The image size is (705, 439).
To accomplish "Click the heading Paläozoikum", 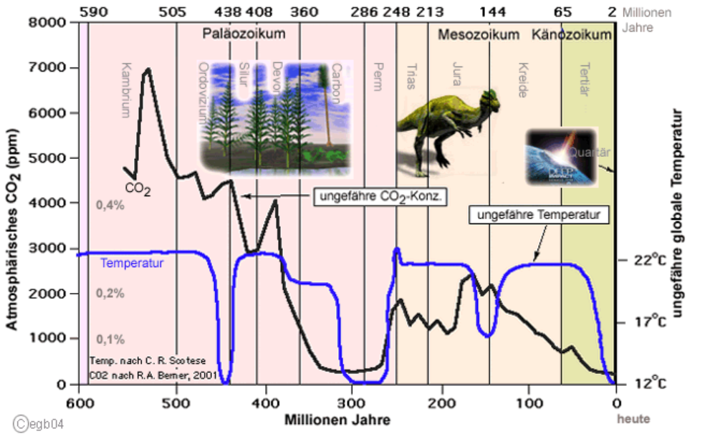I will [244, 34].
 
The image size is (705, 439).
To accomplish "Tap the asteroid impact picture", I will [561, 156].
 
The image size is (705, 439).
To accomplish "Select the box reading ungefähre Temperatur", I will [539, 214].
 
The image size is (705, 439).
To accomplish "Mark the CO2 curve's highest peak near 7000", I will [148, 69].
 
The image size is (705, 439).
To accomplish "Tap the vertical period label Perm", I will [378, 76].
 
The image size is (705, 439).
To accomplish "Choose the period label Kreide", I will [522, 82].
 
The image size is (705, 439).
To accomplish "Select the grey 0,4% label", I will [110, 206].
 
